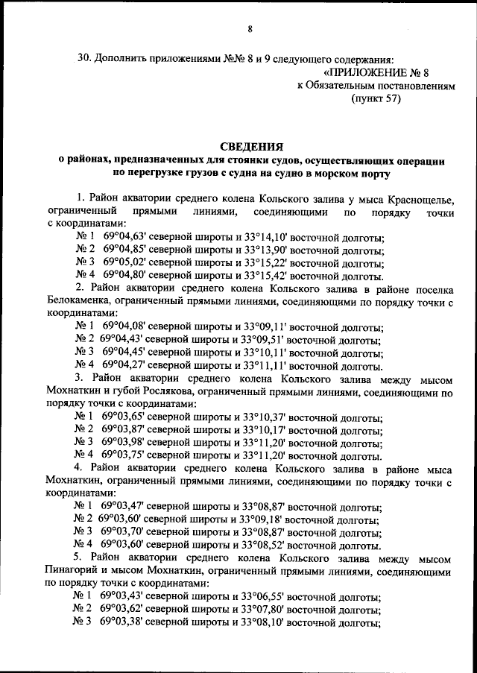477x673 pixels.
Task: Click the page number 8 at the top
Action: click(250, 29)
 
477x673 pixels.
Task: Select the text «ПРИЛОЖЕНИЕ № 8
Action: click(378, 72)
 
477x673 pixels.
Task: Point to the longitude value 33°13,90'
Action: click(264, 251)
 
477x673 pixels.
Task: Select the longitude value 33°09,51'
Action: click(262, 341)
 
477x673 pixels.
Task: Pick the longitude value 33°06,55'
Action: click(264, 597)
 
